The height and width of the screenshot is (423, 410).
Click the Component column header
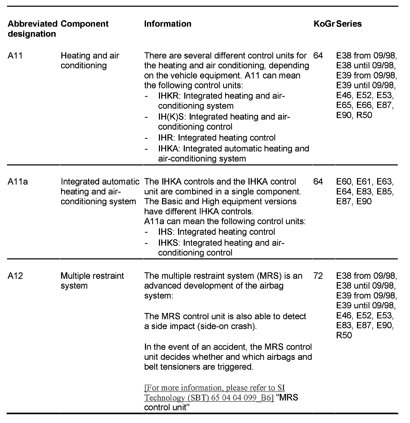[84, 24]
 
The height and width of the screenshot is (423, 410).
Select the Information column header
[167, 24]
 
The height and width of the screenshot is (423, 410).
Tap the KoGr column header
[324, 24]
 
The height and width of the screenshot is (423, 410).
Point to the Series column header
[349, 24]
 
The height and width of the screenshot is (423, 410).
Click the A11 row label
[15, 56]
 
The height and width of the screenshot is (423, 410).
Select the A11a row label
[18, 182]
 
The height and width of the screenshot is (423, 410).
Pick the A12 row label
[15, 276]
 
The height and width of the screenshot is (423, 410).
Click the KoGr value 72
[318, 276]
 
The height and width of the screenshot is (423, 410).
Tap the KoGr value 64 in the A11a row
[318, 182]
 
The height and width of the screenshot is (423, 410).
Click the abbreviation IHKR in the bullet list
[168, 96]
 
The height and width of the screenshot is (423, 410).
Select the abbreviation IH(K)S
[171, 117]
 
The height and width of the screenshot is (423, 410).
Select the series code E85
[385, 192]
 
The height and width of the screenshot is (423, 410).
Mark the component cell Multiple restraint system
[92, 281]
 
